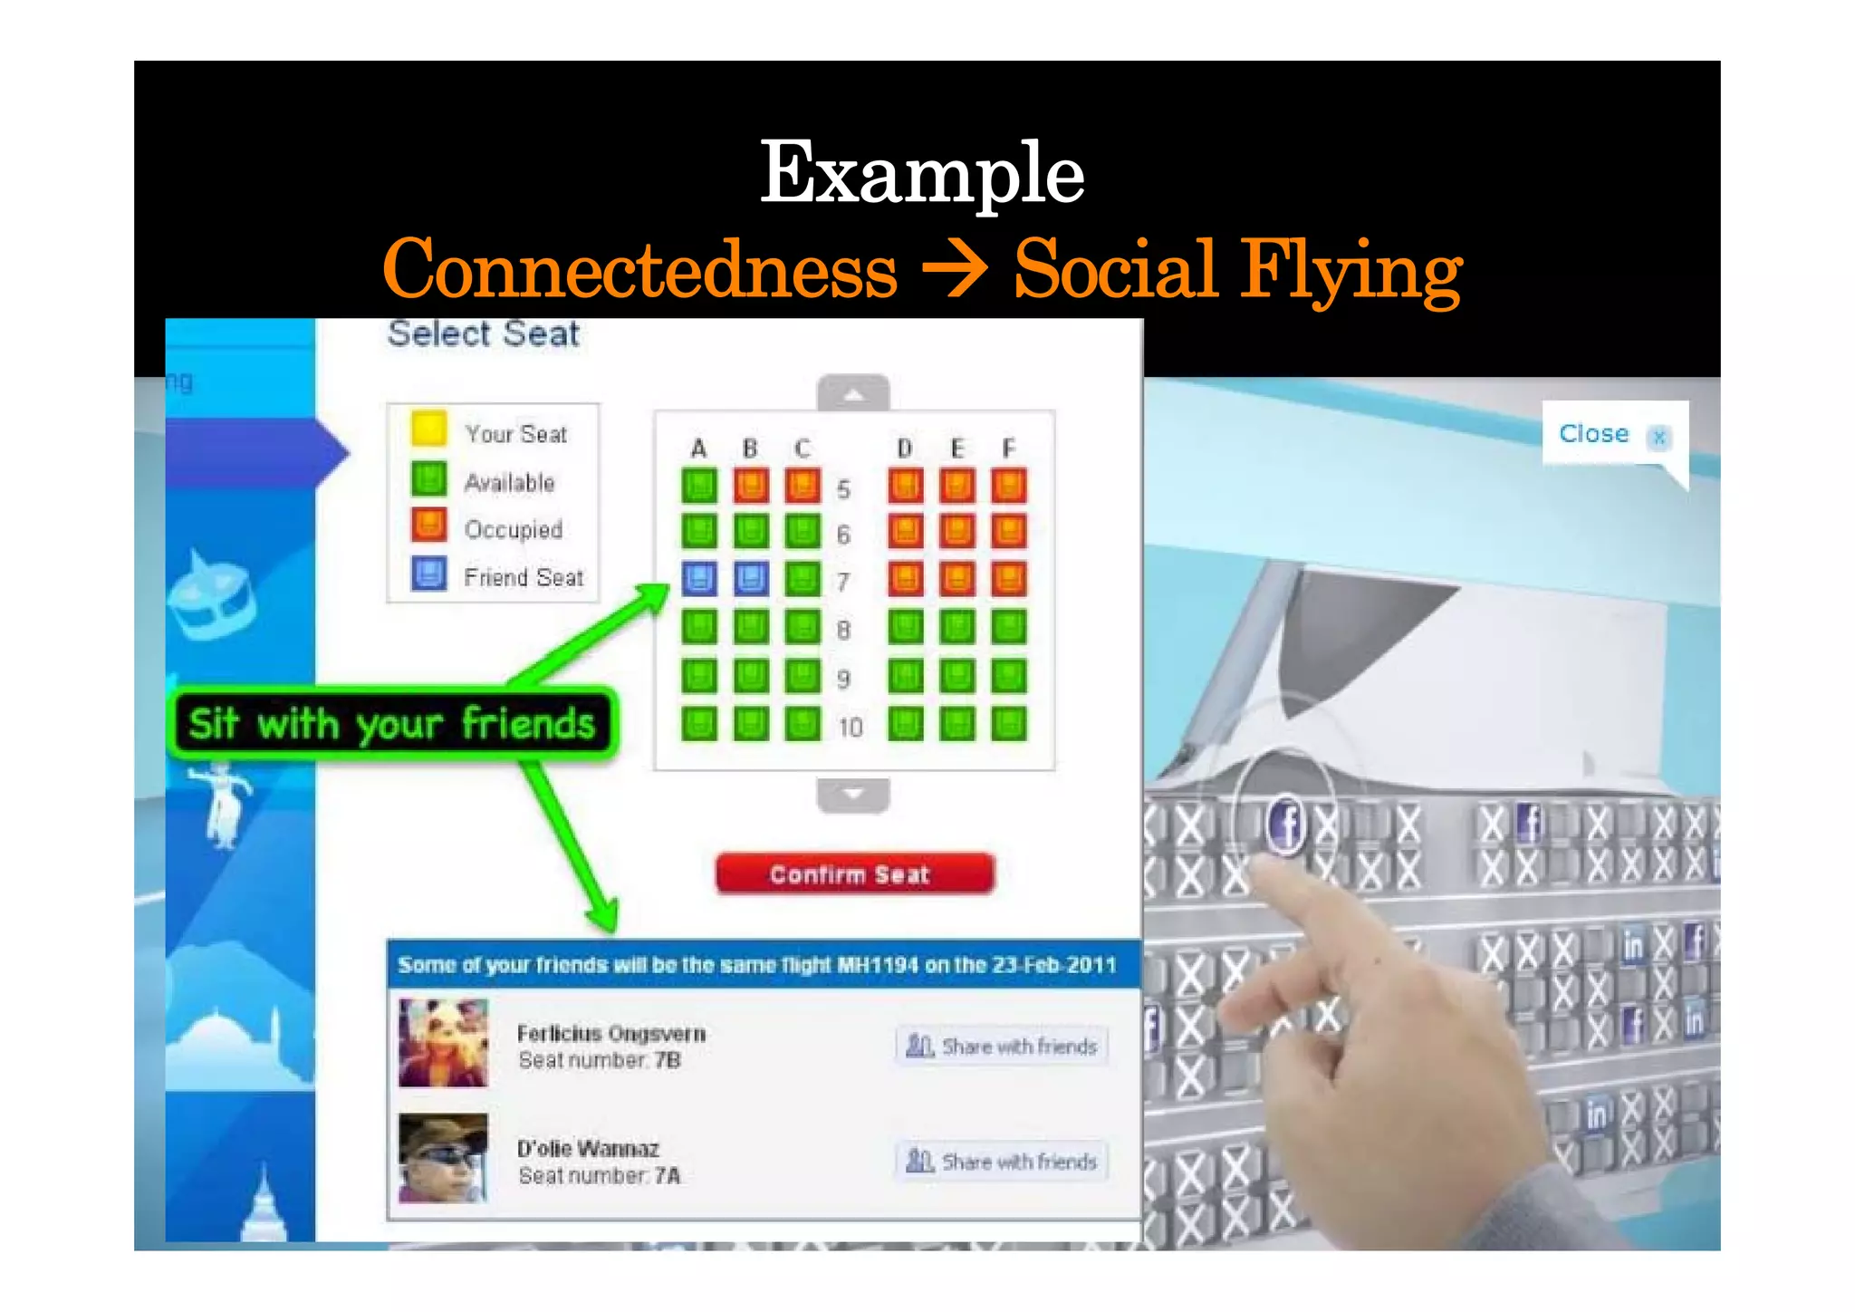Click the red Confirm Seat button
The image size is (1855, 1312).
tap(854, 874)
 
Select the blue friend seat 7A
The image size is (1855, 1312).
tap(698, 578)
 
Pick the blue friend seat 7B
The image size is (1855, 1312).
tap(751, 578)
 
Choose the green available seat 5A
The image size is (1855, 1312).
tap(698, 485)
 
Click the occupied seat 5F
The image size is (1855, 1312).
tap(1008, 485)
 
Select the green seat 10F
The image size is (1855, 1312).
tap(1008, 724)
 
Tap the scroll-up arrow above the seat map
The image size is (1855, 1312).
tap(853, 394)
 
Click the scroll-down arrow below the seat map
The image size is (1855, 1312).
tap(853, 795)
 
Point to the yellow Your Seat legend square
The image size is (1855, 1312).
tap(428, 429)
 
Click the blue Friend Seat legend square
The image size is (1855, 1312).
tap(428, 574)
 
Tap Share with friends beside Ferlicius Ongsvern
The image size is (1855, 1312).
tap(1002, 1047)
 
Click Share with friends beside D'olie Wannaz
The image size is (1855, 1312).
tap(1002, 1161)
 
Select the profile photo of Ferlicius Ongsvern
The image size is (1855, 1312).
tap(443, 1043)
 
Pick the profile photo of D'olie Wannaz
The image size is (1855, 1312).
tap(443, 1158)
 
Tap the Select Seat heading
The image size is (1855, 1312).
tap(484, 334)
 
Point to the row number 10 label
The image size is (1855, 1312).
tap(850, 727)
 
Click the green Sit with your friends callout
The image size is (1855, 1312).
tap(391, 724)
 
